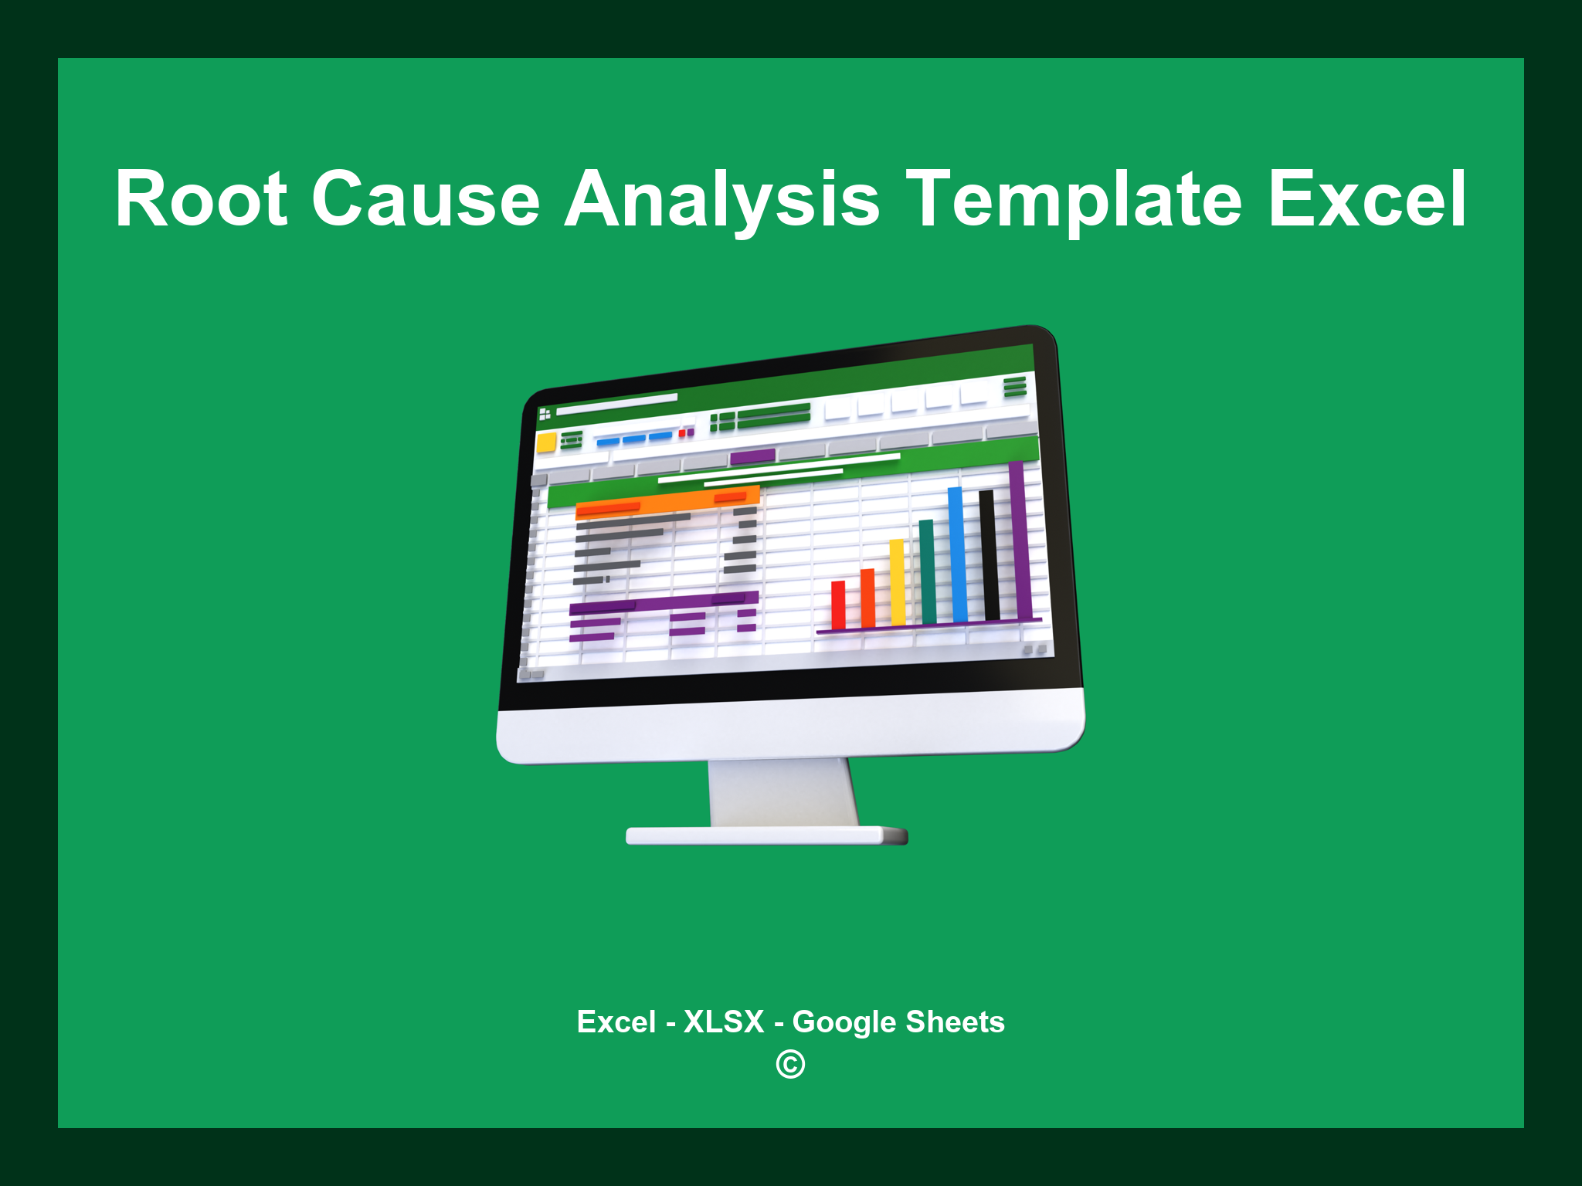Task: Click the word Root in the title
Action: (x=202, y=199)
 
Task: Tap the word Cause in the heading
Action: (x=426, y=199)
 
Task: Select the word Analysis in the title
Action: (x=722, y=199)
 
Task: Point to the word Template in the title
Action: (x=1074, y=199)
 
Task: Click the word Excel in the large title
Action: (x=1367, y=199)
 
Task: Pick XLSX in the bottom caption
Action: (x=724, y=1022)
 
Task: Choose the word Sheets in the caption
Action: (x=955, y=1022)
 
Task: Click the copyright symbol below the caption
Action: (x=790, y=1064)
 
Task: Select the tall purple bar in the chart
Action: (x=1018, y=540)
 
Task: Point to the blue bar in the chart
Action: (x=957, y=554)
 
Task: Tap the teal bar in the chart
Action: (x=927, y=571)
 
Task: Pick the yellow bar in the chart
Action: (x=897, y=582)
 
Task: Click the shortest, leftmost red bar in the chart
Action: (x=838, y=605)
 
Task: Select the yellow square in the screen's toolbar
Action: (x=546, y=442)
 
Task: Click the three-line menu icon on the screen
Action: (x=1014, y=386)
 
